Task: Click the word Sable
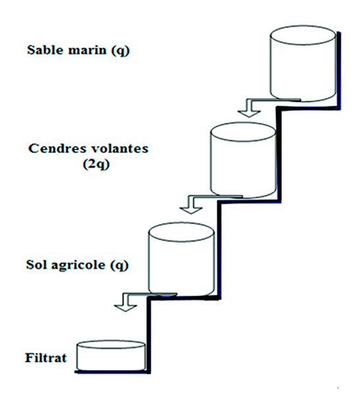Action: [x=45, y=50]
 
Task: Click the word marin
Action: [x=87, y=50]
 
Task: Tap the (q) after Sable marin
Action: [x=120, y=51]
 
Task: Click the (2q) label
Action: [x=96, y=165]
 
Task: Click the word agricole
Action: [x=78, y=265]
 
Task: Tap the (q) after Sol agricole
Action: [x=119, y=265]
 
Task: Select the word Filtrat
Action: [x=45, y=358]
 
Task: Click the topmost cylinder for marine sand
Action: [x=303, y=63]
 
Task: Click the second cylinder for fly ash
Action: [x=243, y=160]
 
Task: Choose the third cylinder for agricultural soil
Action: [x=181, y=259]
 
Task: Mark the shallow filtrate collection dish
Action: [x=111, y=356]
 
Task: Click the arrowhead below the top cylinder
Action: [x=249, y=113]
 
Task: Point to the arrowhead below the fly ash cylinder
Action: [x=191, y=210]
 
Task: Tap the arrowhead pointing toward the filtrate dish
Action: [x=125, y=308]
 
